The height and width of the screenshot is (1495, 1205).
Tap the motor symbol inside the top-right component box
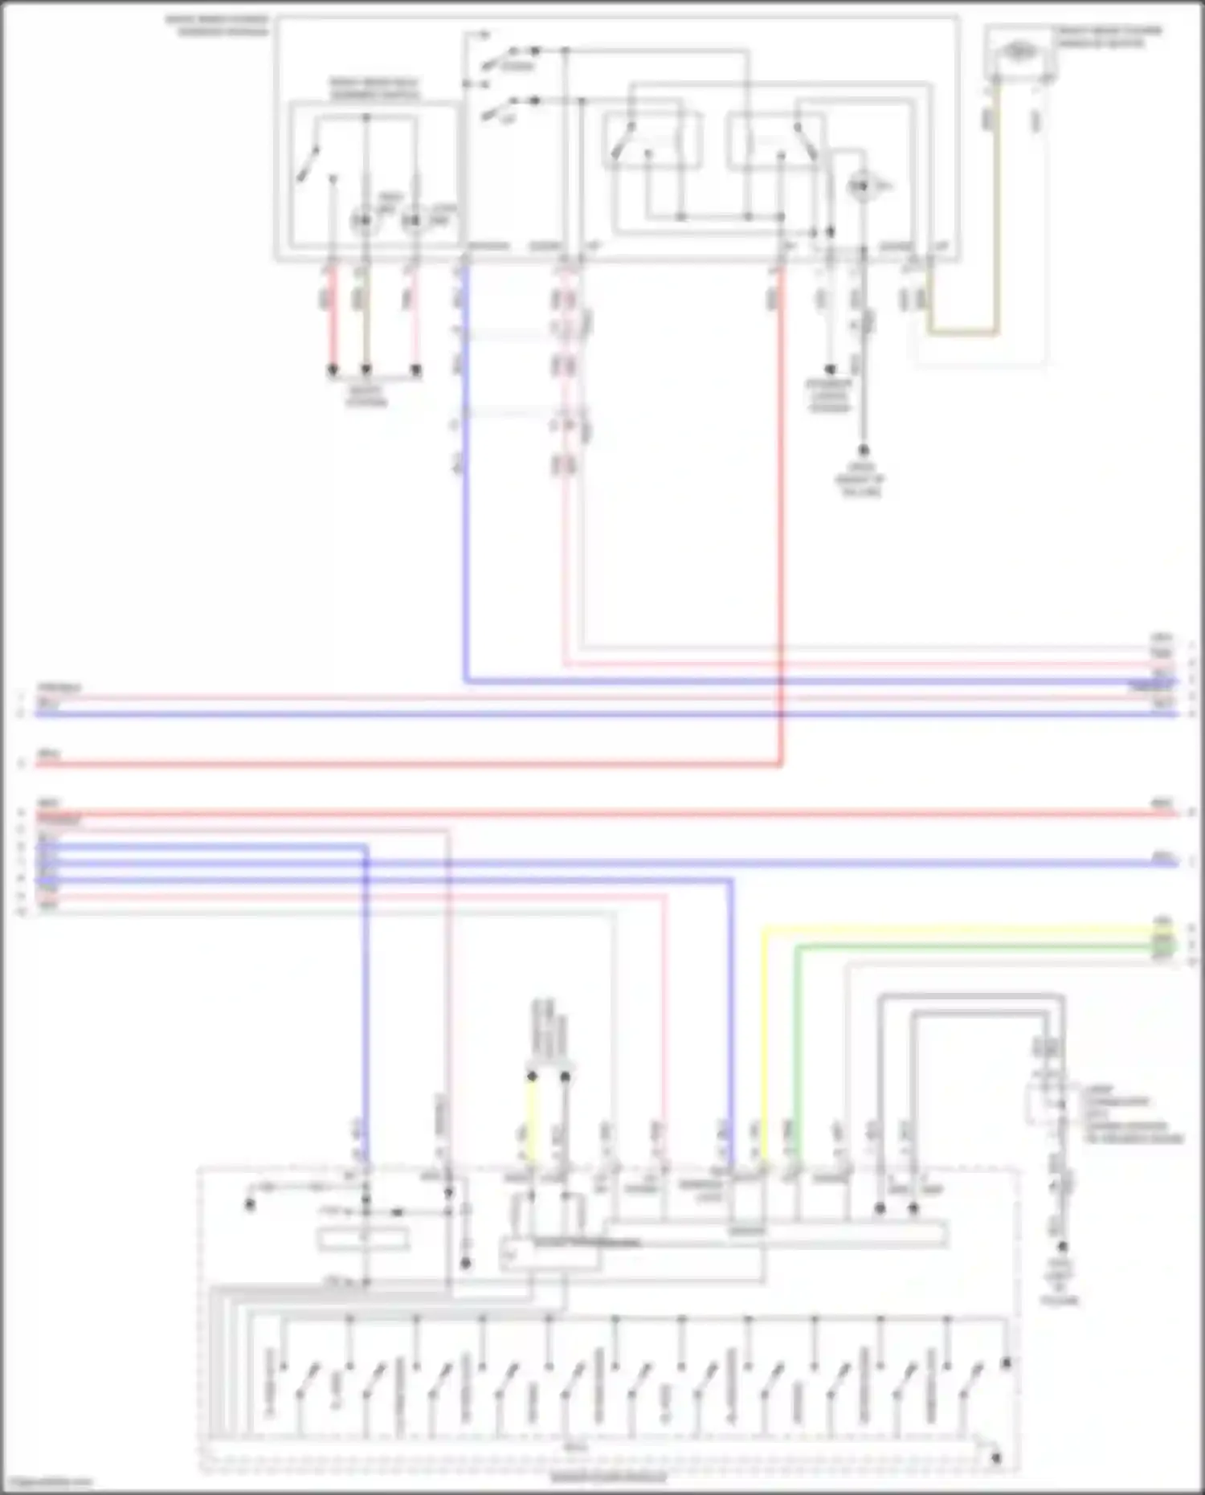click(1019, 51)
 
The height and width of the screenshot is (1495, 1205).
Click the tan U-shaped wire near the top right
click(964, 332)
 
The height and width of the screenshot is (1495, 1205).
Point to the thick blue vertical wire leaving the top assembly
click(465, 482)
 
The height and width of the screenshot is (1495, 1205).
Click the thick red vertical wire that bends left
click(780, 522)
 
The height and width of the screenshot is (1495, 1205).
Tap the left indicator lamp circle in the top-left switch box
click(364, 219)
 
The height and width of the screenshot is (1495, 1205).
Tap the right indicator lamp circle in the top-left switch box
click(412, 219)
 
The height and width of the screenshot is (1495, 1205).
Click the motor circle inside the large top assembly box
click(861, 187)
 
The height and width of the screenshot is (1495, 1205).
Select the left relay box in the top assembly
click(652, 141)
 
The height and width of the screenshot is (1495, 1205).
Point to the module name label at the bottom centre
click(608, 1477)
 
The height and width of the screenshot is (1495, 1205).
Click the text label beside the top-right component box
click(1109, 36)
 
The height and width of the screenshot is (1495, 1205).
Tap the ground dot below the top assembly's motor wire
click(864, 451)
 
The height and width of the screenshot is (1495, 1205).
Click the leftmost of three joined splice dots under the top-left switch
click(332, 370)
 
